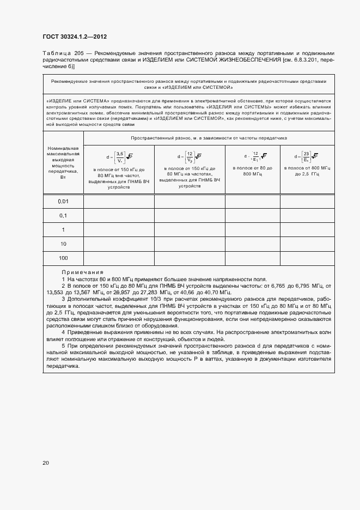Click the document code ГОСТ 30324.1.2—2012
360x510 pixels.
click(74, 37)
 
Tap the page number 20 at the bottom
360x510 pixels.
click(45, 463)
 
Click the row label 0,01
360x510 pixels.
click(63, 202)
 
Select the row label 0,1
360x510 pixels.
click(63, 216)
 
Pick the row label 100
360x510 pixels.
click(63, 257)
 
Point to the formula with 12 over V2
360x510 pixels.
click(190, 157)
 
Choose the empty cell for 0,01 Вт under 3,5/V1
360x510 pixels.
click(119, 202)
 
